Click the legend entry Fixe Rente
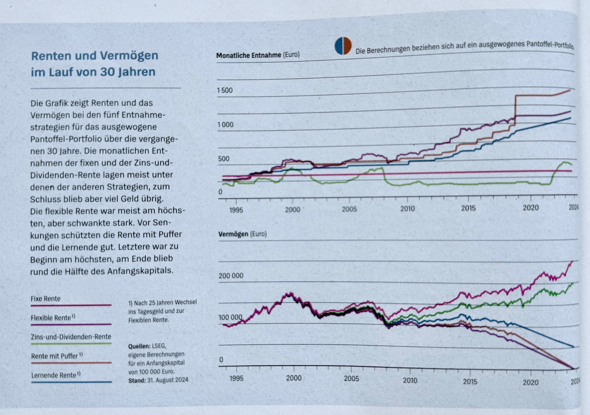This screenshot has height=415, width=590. click(45, 299)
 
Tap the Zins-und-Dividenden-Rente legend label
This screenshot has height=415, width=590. click(71, 336)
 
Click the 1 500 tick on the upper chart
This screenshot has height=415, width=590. click(225, 91)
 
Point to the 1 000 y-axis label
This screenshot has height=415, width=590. click(225, 125)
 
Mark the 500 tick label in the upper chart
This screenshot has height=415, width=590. click(224, 159)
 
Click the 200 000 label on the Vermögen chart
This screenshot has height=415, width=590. click(231, 276)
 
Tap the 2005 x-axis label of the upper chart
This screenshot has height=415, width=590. click(349, 209)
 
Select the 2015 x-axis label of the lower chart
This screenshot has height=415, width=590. click(470, 381)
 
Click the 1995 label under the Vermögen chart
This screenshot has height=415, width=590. click(236, 378)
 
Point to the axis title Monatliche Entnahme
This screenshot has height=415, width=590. click(248, 55)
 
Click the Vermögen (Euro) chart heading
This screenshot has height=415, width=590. click(242, 234)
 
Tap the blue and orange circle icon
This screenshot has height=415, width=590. click(343, 46)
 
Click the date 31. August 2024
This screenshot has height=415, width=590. click(168, 380)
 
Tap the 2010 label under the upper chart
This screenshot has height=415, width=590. click(407, 209)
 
